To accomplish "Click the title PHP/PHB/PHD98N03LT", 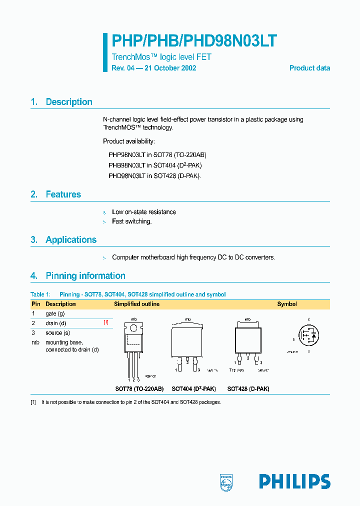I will click(x=194, y=41).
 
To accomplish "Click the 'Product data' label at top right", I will click(x=309, y=68).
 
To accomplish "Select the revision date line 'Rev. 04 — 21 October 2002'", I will click(x=153, y=68).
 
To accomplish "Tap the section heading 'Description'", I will click(x=69, y=102).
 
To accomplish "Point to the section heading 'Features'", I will click(x=63, y=194).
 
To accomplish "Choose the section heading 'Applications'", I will click(x=71, y=240).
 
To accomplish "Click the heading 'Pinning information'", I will click(x=85, y=276).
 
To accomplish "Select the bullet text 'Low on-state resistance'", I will click(x=144, y=212).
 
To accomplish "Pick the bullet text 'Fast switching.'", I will click(x=132, y=221).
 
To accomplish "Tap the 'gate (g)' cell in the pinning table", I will click(x=55, y=313).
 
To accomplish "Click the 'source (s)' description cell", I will click(x=57, y=332).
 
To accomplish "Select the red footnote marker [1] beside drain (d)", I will click(x=105, y=322).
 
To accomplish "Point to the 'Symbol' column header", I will click(x=287, y=304).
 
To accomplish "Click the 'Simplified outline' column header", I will click(x=137, y=304).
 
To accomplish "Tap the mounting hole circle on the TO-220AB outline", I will click(x=134, y=328).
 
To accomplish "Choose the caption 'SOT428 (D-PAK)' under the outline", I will click(x=248, y=388).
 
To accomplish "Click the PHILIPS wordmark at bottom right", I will click(x=294, y=481).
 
